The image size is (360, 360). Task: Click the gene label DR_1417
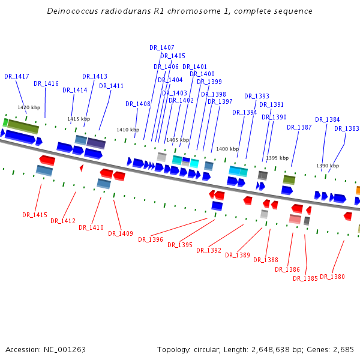coord(17,76)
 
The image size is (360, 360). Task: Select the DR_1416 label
coord(46,83)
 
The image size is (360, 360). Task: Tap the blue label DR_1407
coord(162,47)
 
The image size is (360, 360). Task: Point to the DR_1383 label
coord(347,128)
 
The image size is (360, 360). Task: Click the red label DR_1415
coord(35,215)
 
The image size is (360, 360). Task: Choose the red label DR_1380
coord(332,277)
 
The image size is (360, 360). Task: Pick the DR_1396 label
coord(151,239)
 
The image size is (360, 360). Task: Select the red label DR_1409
coord(121,233)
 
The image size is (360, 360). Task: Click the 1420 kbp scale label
coord(29,107)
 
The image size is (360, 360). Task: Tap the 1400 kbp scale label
coord(227,149)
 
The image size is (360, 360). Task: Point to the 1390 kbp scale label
coord(328,166)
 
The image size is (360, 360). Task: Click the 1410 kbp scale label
coord(128,130)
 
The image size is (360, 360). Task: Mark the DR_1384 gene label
coord(328,119)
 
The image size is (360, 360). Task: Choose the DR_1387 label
coord(299,127)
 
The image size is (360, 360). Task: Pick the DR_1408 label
coord(138,104)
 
